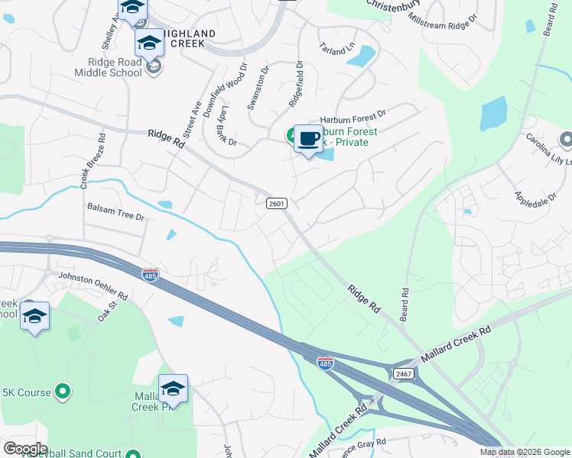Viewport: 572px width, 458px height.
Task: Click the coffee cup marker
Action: coord(307,139)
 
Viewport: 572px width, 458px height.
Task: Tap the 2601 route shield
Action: coord(277,203)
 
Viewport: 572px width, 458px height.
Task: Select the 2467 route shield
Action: coord(404,373)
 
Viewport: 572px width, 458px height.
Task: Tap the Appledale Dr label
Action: coord(535,200)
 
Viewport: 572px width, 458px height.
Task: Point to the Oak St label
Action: coord(105,313)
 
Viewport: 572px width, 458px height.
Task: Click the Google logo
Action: coord(25,449)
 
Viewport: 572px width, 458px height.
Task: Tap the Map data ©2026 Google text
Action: coord(524,452)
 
